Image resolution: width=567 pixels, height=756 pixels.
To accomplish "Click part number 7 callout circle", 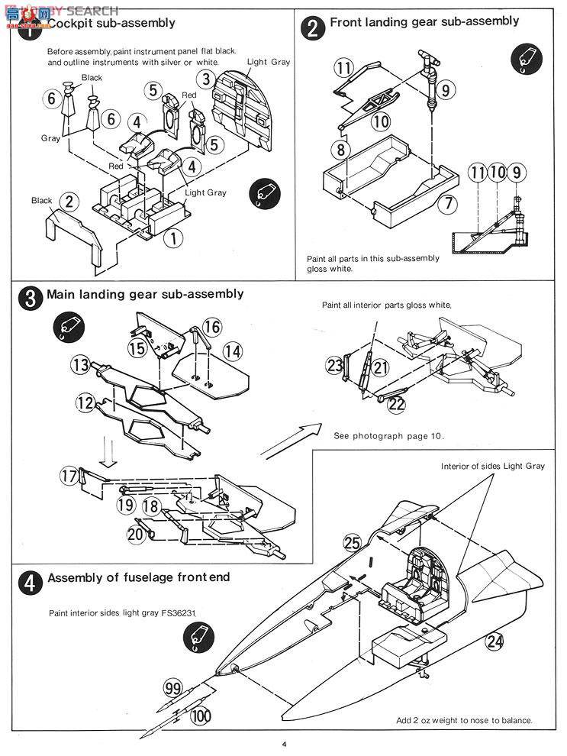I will [448, 204].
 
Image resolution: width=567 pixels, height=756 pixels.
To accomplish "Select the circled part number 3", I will [205, 78].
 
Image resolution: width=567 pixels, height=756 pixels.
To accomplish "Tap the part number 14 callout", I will [233, 351].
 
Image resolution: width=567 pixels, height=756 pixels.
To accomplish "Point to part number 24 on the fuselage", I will [495, 641].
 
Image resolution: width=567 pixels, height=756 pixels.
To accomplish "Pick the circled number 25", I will [352, 544].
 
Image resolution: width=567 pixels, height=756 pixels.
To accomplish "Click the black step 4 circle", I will [29, 583].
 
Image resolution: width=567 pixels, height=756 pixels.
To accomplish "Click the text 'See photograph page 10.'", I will [388, 436].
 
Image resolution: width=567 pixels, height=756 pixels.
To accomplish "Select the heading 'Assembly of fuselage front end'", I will [139, 578].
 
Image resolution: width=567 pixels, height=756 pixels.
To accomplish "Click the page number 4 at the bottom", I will [283, 745].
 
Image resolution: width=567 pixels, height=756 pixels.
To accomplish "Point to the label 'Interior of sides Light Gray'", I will [493, 466].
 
